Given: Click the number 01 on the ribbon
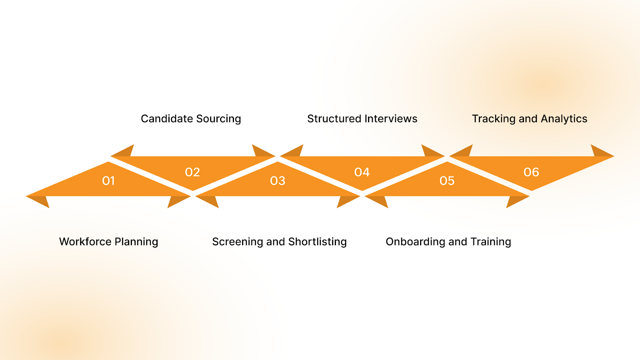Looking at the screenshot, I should click(x=108, y=181).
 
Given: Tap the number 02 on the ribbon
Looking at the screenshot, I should click(x=192, y=172).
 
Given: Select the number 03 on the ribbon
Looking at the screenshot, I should click(x=278, y=181).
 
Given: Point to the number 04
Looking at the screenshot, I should click(x=362, y=172).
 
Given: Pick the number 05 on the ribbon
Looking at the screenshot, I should click(x=447, y=181).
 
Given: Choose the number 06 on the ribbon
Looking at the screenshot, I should click(x=531, y=172).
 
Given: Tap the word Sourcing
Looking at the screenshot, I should click(x=218, y=119).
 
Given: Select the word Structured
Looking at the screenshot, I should click(x=334, y=119).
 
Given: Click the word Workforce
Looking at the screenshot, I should click(x=85, y=242).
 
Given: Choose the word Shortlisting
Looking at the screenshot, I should click(x=317, y=242).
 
